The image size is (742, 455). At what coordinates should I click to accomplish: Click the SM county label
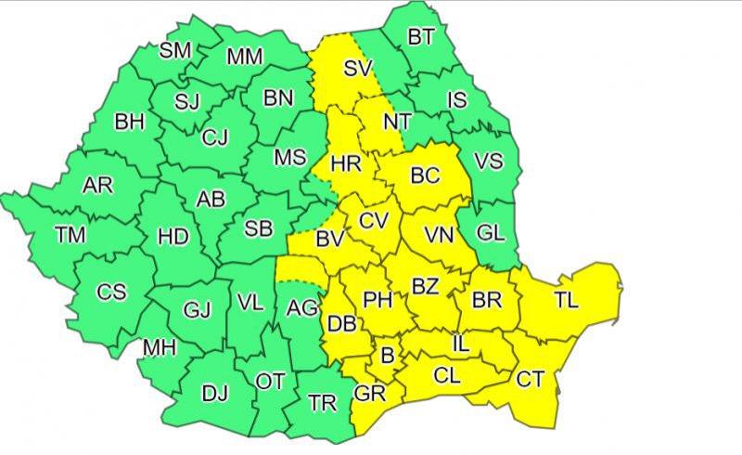click(175, 50)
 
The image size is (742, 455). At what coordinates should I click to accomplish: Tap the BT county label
click(421, 38)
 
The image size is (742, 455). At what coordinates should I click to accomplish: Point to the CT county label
click(530, 379)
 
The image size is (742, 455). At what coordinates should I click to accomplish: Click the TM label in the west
click(70, 235)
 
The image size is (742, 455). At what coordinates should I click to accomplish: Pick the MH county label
click(159, 348)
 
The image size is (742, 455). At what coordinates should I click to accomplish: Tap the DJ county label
click(215, 393)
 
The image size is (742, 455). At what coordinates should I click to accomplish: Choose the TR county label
click(322, 402)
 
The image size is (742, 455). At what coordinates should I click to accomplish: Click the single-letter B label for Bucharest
click(388, 355)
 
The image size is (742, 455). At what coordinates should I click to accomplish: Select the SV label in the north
click(358, 68)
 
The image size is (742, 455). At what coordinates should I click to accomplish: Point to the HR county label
click(345, 164)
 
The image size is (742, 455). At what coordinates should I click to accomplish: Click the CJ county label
click(214, 137)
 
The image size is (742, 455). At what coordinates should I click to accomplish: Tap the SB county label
click(258, 227)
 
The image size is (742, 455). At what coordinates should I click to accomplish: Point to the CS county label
click(111, 292)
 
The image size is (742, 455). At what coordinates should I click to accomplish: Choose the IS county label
click(457, 99)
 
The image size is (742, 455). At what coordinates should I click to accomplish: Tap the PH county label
click(377, 299)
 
